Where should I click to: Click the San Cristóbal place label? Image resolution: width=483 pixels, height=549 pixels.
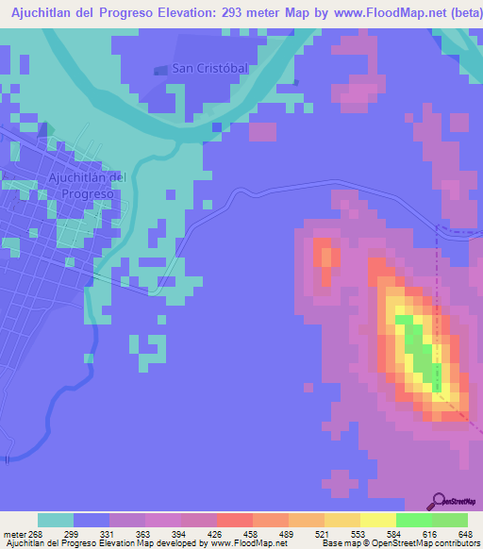209,68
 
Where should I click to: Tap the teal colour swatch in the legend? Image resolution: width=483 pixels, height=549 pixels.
56,520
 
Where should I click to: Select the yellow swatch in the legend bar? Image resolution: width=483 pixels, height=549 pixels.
377,520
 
